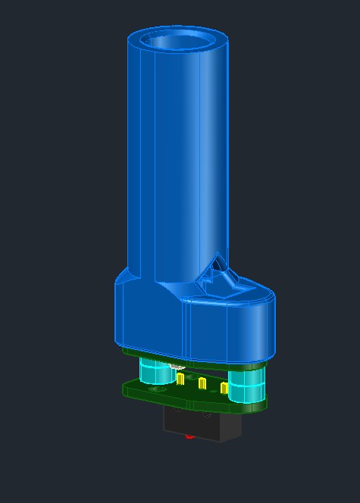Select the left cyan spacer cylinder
coord(156,373)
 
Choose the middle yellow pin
coord(202,383)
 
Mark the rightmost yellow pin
coord(224,388)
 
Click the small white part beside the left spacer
coord(176,367)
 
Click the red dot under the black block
coord(189,436)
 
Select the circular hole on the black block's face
coord(207,415)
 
